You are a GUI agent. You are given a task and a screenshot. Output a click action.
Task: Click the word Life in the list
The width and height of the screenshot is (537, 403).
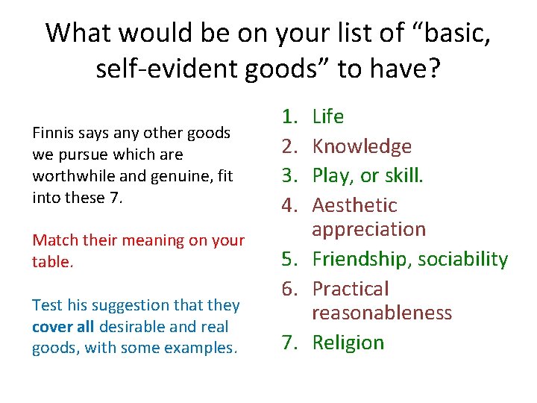tap(327, 116)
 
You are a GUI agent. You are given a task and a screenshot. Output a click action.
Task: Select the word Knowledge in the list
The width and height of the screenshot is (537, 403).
tap(362, 146)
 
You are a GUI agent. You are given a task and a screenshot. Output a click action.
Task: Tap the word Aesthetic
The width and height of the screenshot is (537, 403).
tap(354, 205)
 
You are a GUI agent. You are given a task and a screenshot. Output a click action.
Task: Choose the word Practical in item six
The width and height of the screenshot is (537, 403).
tap(351, 289)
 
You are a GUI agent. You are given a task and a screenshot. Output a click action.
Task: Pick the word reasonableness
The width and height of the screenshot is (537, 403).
tap(382, 313)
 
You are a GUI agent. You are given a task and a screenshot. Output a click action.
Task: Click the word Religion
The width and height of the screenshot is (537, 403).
tap(348, 343)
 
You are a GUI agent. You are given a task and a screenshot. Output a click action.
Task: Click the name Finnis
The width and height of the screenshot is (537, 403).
tap(51, 133)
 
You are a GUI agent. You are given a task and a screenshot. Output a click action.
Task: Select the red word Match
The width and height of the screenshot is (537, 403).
tap(52, 240)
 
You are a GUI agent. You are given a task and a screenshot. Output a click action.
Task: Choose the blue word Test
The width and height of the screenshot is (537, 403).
tap(46, 305)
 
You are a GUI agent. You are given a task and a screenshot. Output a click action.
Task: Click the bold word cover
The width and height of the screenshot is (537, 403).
tap(51, 327)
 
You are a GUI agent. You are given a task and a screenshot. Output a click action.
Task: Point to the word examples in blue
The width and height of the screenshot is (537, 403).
tap(204, 349)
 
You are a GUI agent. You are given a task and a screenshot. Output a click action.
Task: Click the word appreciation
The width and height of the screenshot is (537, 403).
tap(369, 229)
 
